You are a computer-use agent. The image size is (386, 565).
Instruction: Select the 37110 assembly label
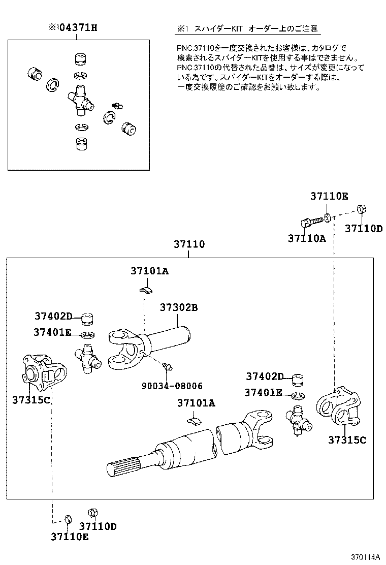pyautogui.click(x=188, y=244)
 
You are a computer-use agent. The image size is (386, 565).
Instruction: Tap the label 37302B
pyautogui.click(x=178, y=307)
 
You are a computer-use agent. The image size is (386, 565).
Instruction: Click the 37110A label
pyautogui.click(x=307, y=238)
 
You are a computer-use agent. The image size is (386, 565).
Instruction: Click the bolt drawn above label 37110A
pyautogui.click(x=310, y=222)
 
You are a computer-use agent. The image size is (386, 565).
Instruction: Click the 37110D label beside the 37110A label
pyautogui.click(x=363, y=229)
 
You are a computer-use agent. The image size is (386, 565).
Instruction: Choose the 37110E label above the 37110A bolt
pyautogui.click(x=329, y=196)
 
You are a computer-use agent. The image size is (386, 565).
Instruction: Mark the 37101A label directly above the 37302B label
pyautogui.click(x=149, y=271)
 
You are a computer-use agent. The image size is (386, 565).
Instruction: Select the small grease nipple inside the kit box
pyautogui.click(x=117, y=105)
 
